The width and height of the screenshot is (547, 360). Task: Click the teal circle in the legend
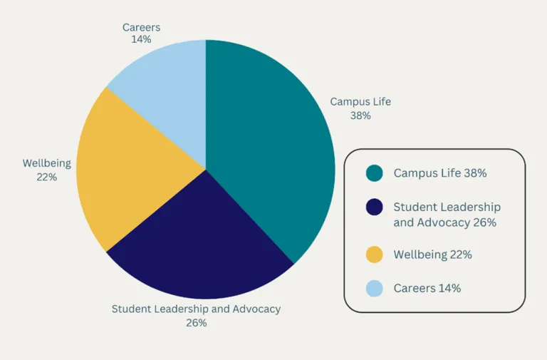(x=374, y=173)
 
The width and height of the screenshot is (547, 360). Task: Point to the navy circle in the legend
(x=374, y=207)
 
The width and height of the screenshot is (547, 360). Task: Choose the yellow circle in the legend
(x=374, y=254)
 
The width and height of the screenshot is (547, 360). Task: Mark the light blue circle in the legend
(x=374, y=288)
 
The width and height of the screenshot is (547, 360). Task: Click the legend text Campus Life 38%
(x=440, y=173)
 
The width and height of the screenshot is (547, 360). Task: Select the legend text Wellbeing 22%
(x=432, y=254)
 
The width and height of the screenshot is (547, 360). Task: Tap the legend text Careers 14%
(x=427, y=288)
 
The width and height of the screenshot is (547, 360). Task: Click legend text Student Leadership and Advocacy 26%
(x=447, y=215)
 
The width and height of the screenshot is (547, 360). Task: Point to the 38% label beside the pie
(x=360, y=115)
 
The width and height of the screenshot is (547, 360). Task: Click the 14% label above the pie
(x=141, y=39)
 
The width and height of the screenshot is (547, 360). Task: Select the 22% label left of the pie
(x=47, y=177)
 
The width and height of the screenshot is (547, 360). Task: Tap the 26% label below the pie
(x=196, y=322)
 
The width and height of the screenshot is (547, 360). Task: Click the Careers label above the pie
(x=141, y=27)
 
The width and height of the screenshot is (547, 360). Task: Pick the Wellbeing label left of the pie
(x=47, y=163)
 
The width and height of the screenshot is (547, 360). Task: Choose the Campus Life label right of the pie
(x=360, y=102)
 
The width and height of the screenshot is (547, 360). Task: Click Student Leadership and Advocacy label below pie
(x=196, y=309)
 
